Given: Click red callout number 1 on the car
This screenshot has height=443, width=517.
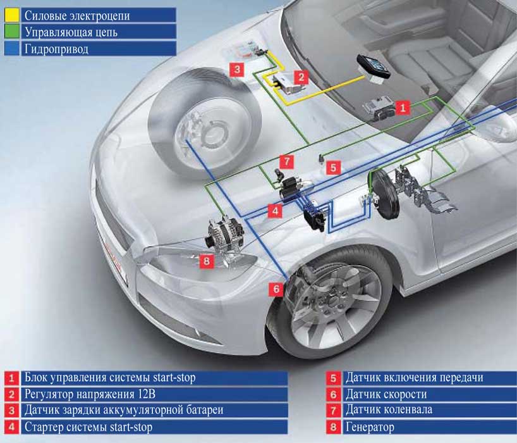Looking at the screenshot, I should click(x=403, y=108).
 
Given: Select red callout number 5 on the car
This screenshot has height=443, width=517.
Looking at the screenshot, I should click(x=334, y=168).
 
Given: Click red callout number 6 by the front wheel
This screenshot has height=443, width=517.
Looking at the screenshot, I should click(x=276, y=289).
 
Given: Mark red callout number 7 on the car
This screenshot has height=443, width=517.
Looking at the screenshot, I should click(x=286, y=161).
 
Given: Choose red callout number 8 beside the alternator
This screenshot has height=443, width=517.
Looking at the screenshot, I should click(x=206, y=259).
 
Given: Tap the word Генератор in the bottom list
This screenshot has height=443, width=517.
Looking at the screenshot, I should click(x=370, y=427).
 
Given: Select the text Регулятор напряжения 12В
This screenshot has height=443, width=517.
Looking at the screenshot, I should click(x=87, y=394).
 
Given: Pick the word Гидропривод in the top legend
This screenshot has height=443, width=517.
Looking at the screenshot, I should click(x=56, y=49).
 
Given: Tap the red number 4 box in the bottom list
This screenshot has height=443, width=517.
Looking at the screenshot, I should click(x=11, y=427).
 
